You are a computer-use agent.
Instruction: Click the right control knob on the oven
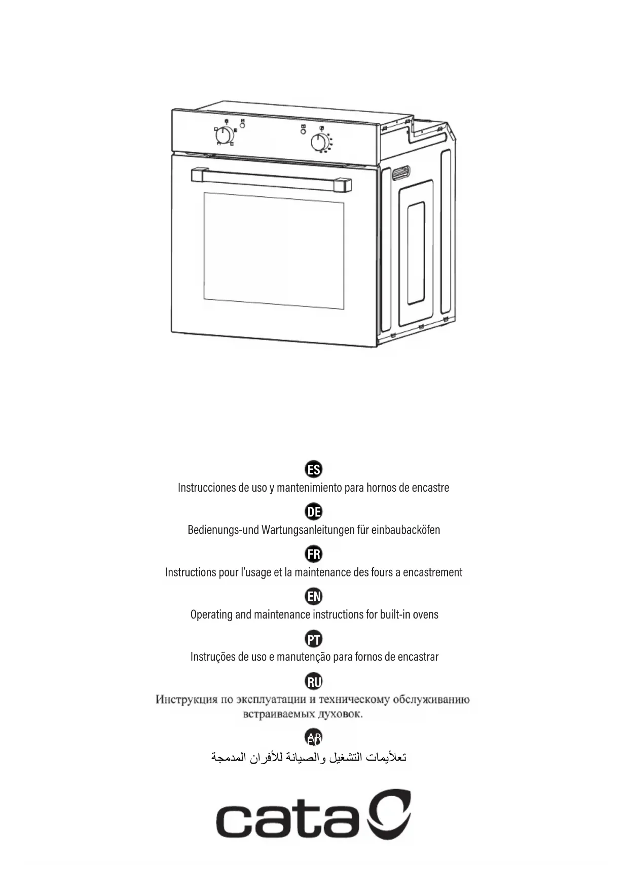tap(319, 143)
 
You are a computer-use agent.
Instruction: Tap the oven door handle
tap(271, 180)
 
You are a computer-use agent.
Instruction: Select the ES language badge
tap(314, 469)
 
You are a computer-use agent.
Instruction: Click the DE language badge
tap(314, 511)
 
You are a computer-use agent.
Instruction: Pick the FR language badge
tap(314, 554)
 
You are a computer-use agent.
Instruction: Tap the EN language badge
tap(314, 596)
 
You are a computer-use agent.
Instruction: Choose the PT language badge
tap(314, 639)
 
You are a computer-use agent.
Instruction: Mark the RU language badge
tap(314, 681)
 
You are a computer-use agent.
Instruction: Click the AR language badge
tap(314, 737)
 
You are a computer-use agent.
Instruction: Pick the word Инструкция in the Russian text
tap(187, 700)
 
